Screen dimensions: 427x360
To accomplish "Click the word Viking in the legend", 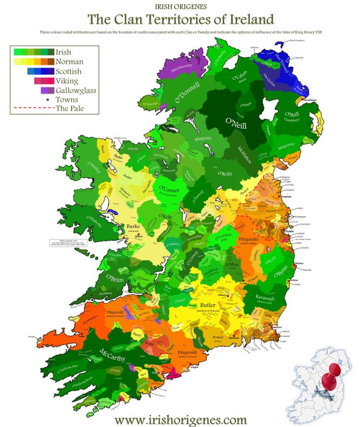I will coord(67,81).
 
